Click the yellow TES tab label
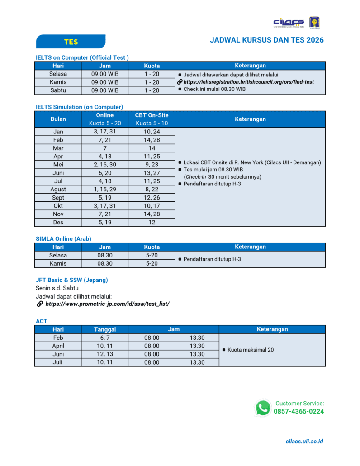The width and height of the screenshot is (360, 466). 71,42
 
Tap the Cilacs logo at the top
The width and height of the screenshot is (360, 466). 289,23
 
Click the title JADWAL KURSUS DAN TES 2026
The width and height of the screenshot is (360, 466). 266,40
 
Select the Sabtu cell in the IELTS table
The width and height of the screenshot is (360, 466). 58,90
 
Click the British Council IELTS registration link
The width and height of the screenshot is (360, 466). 248,82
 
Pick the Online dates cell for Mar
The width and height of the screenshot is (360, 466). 105,148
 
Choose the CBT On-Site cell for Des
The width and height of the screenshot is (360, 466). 152,223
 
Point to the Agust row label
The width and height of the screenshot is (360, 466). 58,190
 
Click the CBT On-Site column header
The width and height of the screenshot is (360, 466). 152,115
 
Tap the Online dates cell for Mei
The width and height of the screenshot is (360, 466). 105,165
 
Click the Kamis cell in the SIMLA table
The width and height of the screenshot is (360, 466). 58,263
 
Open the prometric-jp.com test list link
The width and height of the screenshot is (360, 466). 107,304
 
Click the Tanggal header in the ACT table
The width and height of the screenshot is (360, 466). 105,329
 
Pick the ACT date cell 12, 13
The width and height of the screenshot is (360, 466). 105,354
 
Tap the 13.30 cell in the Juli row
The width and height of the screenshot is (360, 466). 197,362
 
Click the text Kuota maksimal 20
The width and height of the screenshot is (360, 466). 251,350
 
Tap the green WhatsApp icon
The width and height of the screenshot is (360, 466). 263,408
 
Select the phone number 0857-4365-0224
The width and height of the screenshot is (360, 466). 298,412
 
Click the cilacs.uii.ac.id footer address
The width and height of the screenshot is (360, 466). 304,442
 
